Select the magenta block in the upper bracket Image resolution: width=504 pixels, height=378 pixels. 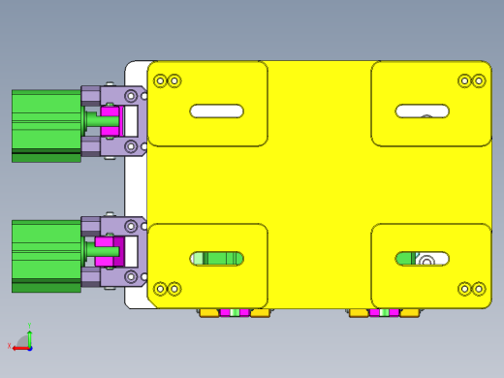110,121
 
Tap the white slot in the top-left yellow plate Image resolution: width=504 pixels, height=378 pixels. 216,111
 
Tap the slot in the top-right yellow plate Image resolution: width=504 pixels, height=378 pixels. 422,110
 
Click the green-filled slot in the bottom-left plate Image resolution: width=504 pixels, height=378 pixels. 216,258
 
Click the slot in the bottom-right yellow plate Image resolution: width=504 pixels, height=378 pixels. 422,258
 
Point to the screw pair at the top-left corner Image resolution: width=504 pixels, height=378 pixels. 167,80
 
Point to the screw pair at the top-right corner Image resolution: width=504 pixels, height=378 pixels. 471,80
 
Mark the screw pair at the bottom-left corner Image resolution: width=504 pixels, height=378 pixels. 167,288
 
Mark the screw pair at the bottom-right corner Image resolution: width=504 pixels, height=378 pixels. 471,288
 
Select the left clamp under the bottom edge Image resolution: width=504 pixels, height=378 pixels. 234,312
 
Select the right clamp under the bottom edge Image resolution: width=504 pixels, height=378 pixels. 384,312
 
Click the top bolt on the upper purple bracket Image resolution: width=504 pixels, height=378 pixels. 131,96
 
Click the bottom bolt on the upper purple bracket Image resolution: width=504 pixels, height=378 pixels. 131,146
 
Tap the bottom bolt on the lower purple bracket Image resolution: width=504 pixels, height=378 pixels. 131,277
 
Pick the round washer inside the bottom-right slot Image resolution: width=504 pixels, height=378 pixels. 425,259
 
